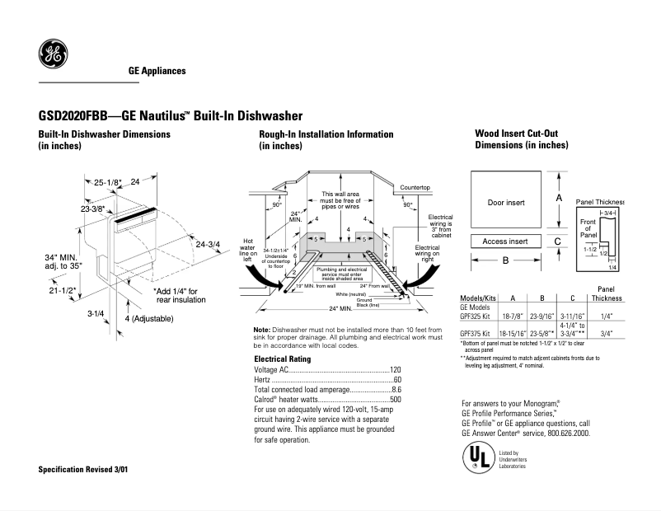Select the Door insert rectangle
pyautogui.click(x=506, y=201)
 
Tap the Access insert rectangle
pyautogui.click(x=506, y=241)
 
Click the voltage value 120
pyautogui.click(x=395, y=371)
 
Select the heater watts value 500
pyautogui.click(x=395, y=400)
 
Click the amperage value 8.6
pyautogui.click(x=396, y=390)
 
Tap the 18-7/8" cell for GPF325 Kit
pyautogui.click(x=513, y=315)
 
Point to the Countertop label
pyautogui.click(x=415, y=188)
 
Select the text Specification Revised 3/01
pyautogui.click(x=83, y=469)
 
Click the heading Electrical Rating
pyautogui.click(x=282, y=359)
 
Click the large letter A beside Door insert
pyautogui.click(x=559, y=199)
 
